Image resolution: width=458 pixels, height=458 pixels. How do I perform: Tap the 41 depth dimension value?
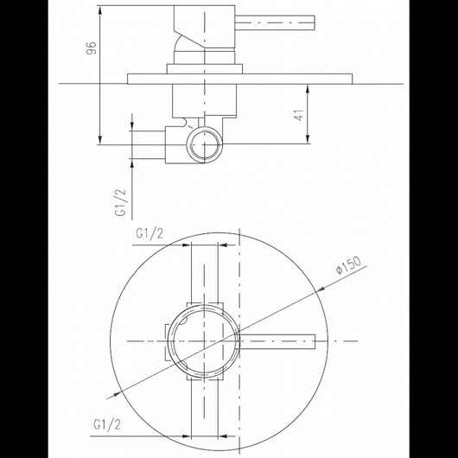(x=299, y=116)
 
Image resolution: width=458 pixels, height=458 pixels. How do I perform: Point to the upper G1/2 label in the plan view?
(x=150, y=232)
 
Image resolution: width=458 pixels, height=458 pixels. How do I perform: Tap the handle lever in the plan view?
(x=277, y=339)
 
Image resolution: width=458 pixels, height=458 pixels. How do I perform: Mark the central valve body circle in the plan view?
(x=201, y=339)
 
